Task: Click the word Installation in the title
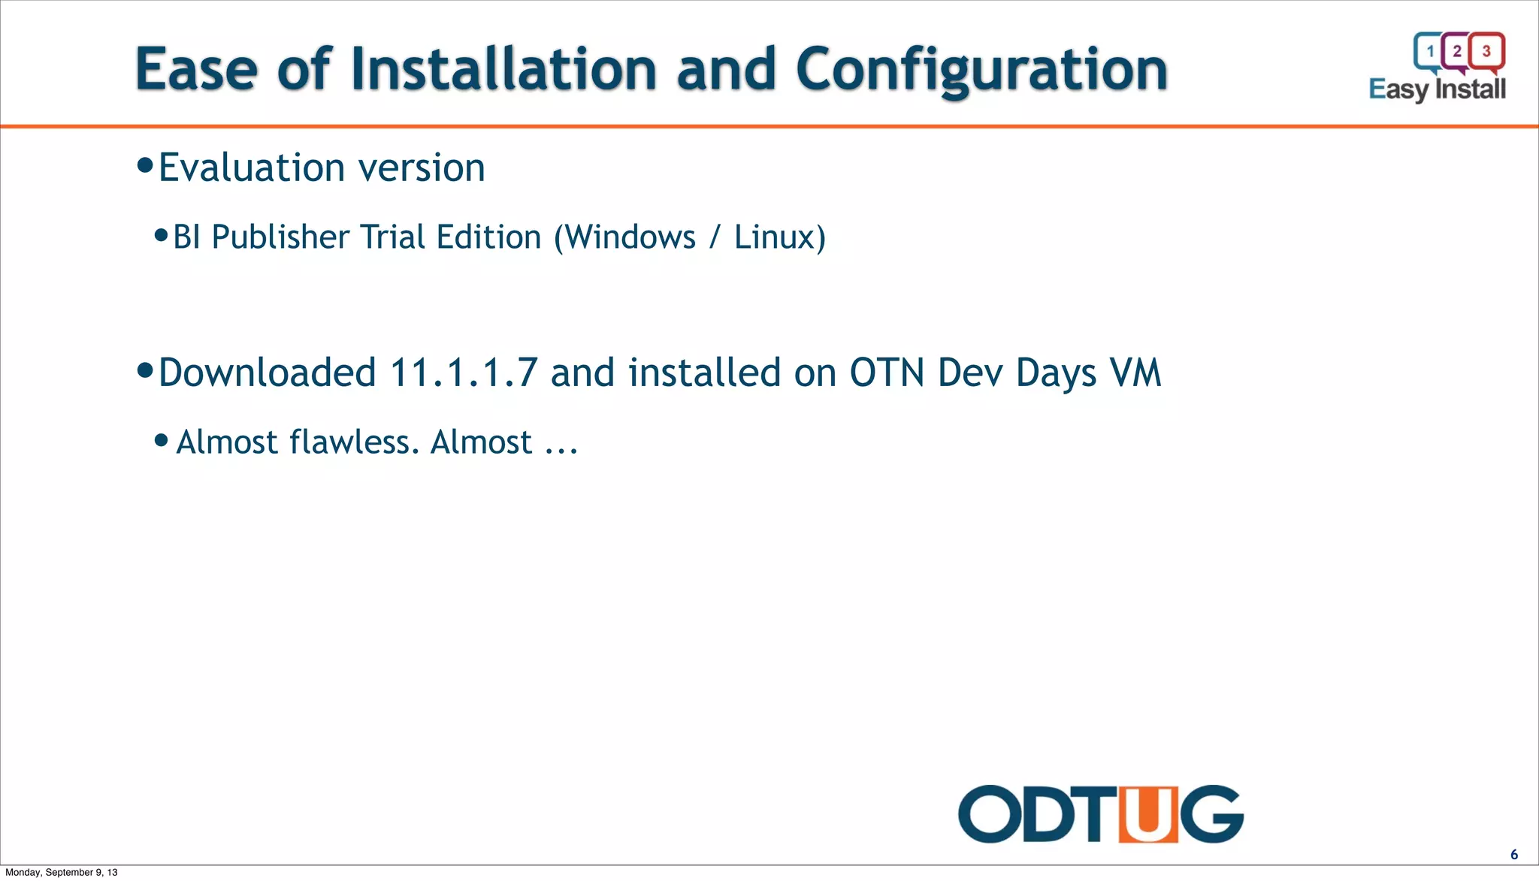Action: (503, 69)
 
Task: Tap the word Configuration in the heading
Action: (981, 69)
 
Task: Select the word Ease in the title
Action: (196, 69)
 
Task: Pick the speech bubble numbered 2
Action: (1457, 51)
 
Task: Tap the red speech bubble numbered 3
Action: (1486, 51)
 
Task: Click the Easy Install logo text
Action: (1437, 89)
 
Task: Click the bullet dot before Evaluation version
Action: (146, 165)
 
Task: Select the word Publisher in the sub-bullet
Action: (280, 237)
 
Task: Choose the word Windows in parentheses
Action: (630, 237)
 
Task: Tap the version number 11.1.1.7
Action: (464, 373)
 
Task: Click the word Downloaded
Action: (268, 373)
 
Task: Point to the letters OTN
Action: (887, 373)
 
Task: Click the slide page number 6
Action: (1514, 855)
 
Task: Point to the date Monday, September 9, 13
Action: (62, 873)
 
